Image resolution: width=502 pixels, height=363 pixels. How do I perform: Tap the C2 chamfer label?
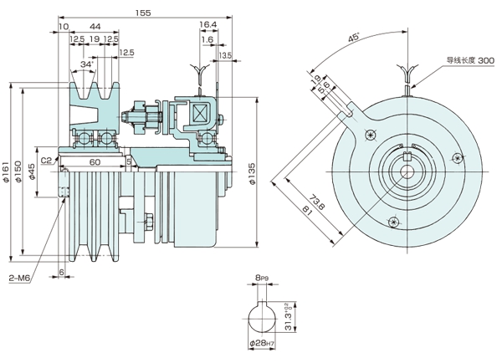pyautogui.click(x=46, y=161)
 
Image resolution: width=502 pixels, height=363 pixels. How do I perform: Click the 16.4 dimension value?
pyautogui.click(x=208, y=25)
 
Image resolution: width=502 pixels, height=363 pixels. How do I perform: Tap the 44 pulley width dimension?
pyautogui.click(x=95, y=25)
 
